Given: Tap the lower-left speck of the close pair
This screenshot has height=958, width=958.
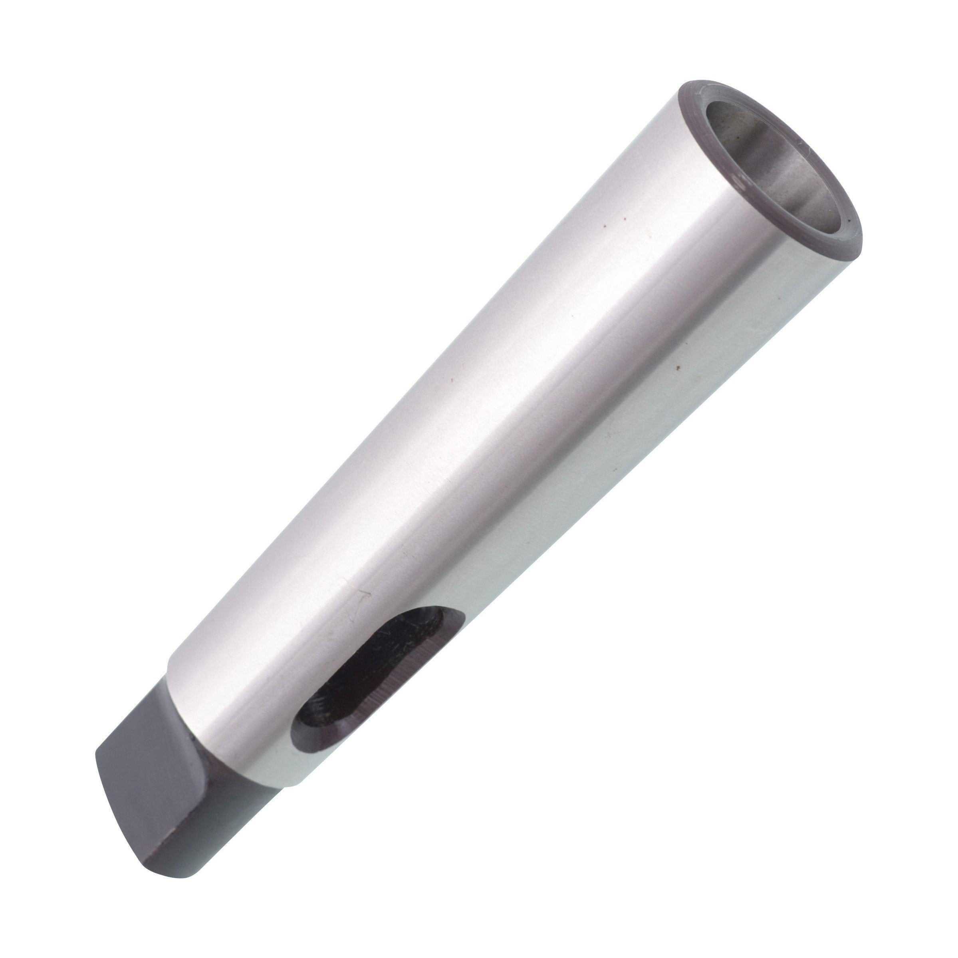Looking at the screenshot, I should [605, 227].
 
